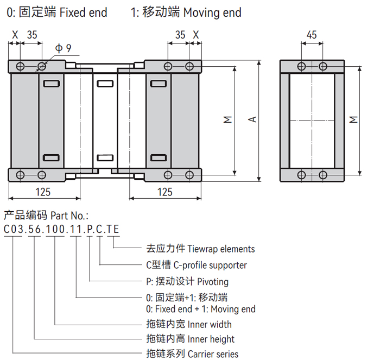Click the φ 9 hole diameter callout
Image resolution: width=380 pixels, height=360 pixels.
point(63,48)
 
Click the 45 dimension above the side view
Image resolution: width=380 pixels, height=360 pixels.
point(311,35)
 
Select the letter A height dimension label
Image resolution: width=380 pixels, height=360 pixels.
point(252,119)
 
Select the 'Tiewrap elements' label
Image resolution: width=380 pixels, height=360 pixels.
point(221,249)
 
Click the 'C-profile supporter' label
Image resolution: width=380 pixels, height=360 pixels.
point(212,266)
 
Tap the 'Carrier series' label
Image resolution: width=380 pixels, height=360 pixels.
point(213,354)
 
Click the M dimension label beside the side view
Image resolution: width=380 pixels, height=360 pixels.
point(353,119)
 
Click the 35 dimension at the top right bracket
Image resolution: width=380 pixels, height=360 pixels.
point(180,35)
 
